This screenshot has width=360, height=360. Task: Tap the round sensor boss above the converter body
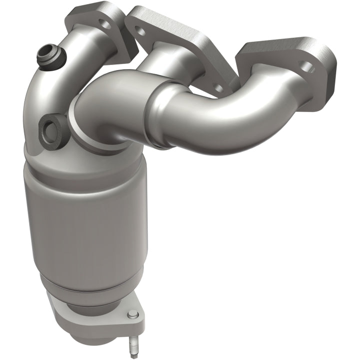(52, 129)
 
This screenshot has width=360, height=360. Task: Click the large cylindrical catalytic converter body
(85, 220)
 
